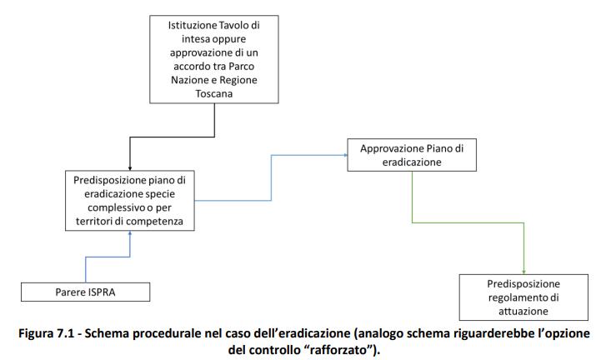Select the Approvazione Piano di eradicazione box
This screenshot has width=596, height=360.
tap(412, 156)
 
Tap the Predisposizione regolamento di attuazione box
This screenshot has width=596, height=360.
tap(523, 297)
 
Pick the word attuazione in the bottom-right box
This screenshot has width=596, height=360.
tap(523, 310)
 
